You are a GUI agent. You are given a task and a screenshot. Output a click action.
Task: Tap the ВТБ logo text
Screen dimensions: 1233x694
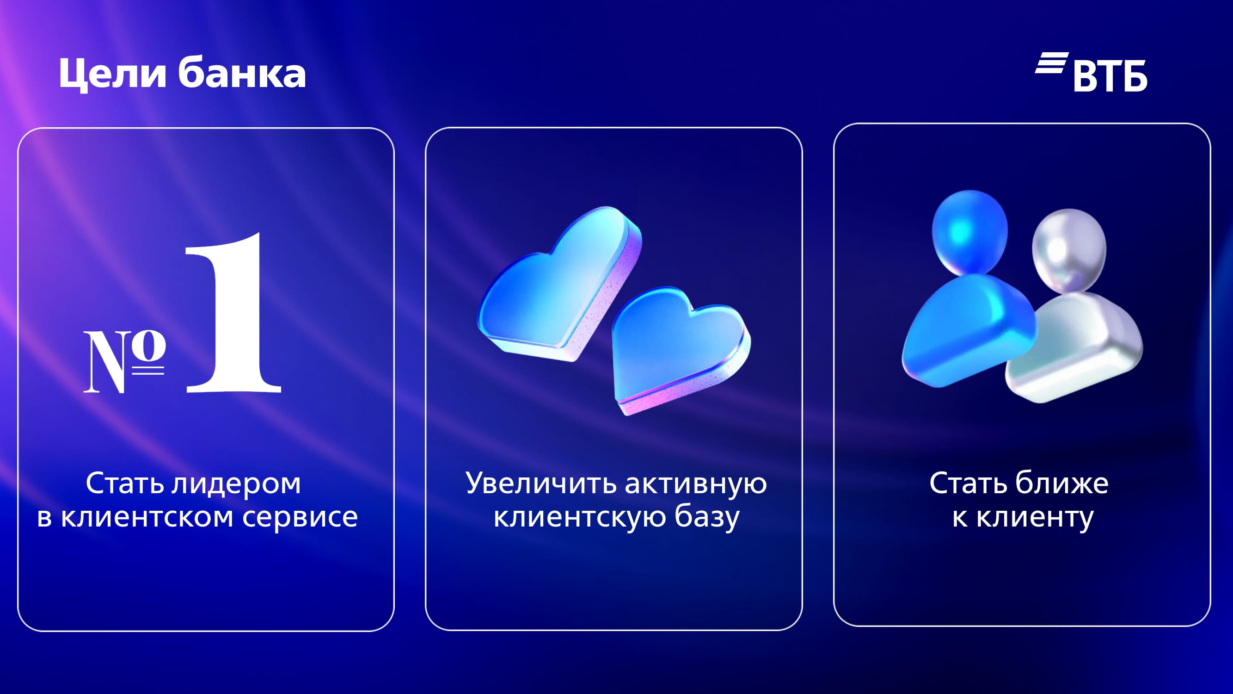1110,76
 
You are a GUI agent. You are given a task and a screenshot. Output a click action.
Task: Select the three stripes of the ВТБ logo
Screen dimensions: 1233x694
1052,63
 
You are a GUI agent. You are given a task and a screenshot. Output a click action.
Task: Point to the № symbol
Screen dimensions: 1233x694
125,362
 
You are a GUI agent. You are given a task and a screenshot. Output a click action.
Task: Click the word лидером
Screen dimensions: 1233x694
236,484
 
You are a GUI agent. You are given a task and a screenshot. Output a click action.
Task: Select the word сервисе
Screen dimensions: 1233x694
300,517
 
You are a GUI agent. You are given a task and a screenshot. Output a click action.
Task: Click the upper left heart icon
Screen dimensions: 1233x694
560,285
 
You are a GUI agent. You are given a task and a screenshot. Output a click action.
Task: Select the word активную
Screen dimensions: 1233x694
696,484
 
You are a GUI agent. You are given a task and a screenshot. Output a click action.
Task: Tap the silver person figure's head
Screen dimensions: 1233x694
1069,250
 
